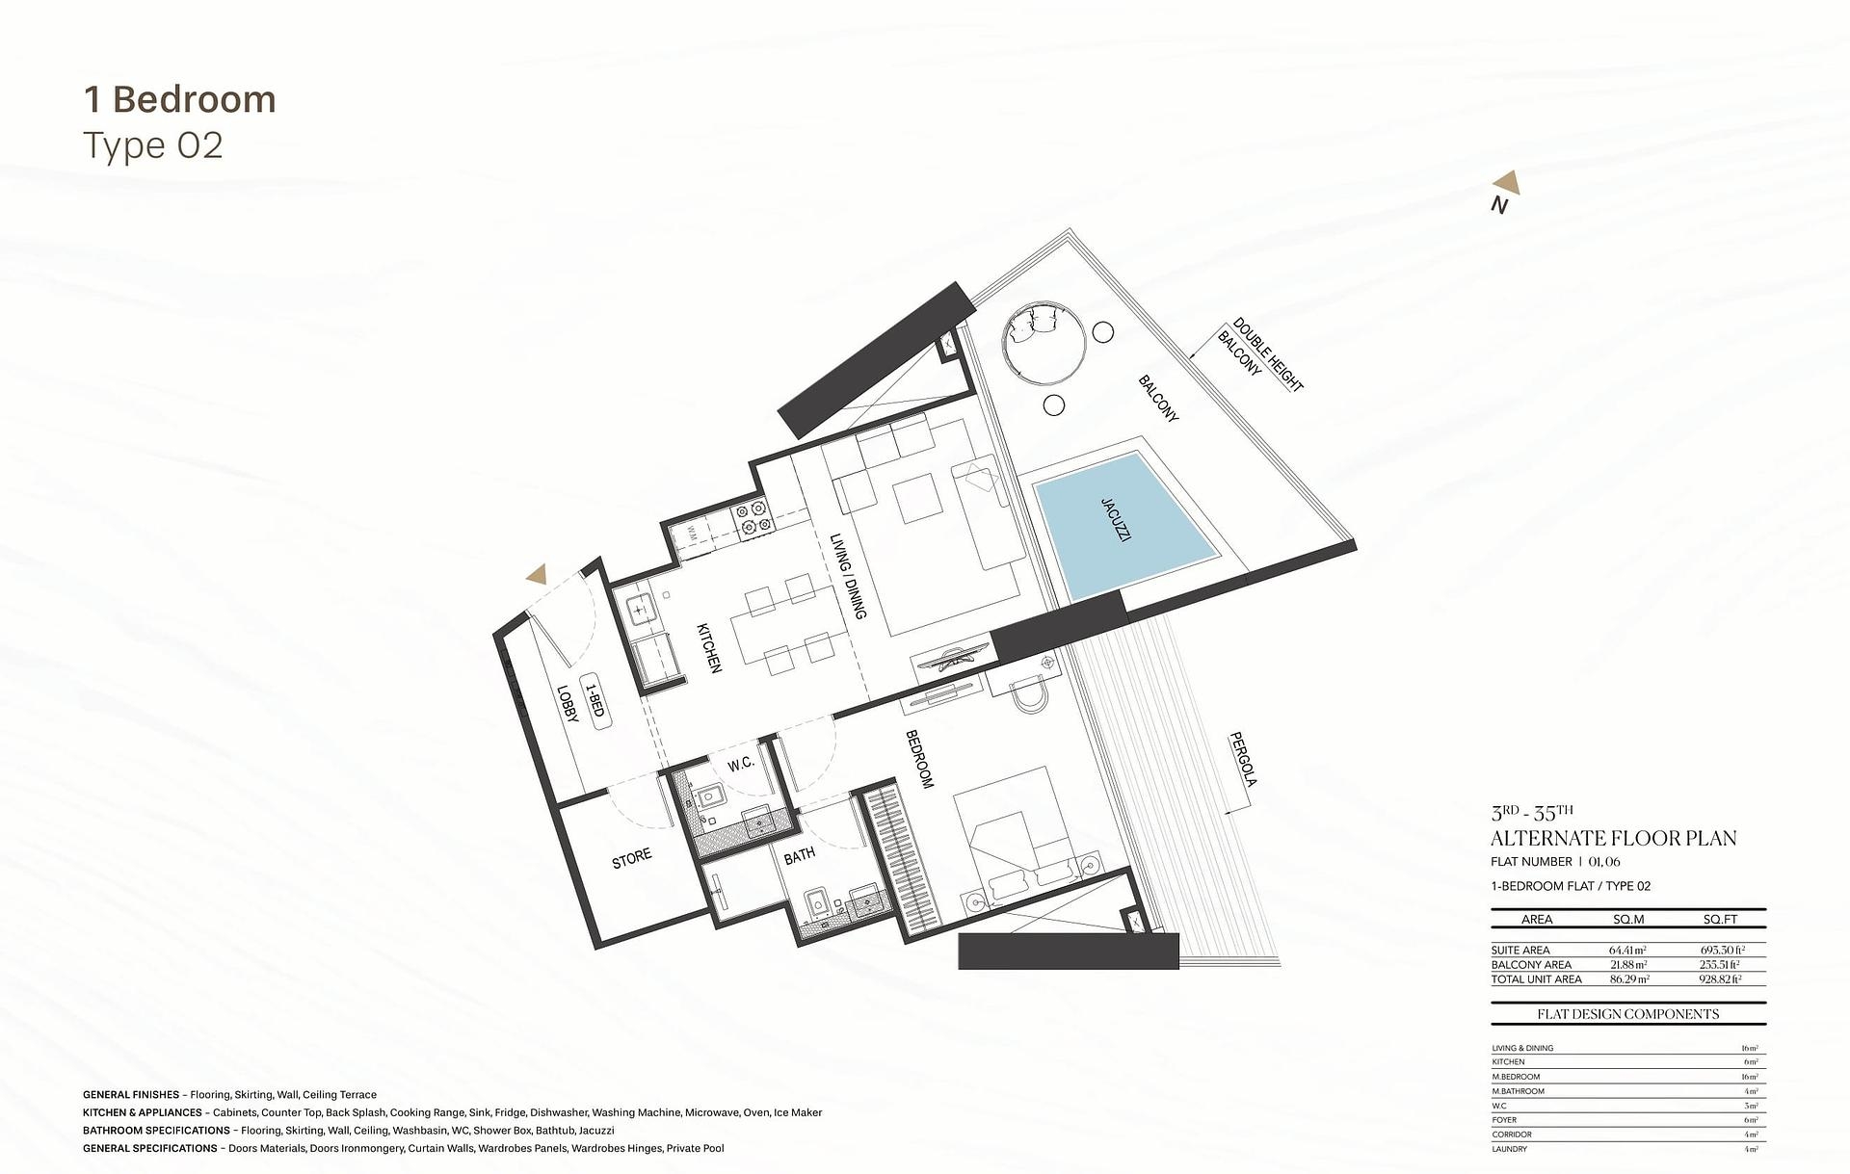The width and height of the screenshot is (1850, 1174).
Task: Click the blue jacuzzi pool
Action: tap(1122, 532)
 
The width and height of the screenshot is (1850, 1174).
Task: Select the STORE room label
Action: tap(632, 858)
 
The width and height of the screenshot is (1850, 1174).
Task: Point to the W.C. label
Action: tap(740, 765)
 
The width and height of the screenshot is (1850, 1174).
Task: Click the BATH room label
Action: tap(799, 855)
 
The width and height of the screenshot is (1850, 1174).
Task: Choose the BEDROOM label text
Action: tap(920, 760)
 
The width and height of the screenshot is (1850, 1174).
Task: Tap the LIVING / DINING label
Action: tap(848, 576)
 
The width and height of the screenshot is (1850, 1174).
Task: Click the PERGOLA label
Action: tap(1243, 760)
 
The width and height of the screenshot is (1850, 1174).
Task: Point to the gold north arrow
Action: tap(1507, 183)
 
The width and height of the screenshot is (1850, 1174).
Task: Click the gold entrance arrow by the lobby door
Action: tap(537, 575)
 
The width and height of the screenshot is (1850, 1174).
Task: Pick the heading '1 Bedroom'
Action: tap(180, 99)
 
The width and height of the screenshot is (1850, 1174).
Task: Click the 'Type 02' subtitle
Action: tap(153, 145)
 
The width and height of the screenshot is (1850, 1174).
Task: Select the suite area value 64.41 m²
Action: tap(1627, 950)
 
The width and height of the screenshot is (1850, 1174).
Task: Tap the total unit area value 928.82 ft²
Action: tap(1721, 979)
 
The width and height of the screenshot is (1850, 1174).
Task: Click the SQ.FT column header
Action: tap(1720, 919)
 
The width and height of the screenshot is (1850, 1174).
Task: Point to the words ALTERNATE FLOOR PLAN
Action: tap(1613, 838)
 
